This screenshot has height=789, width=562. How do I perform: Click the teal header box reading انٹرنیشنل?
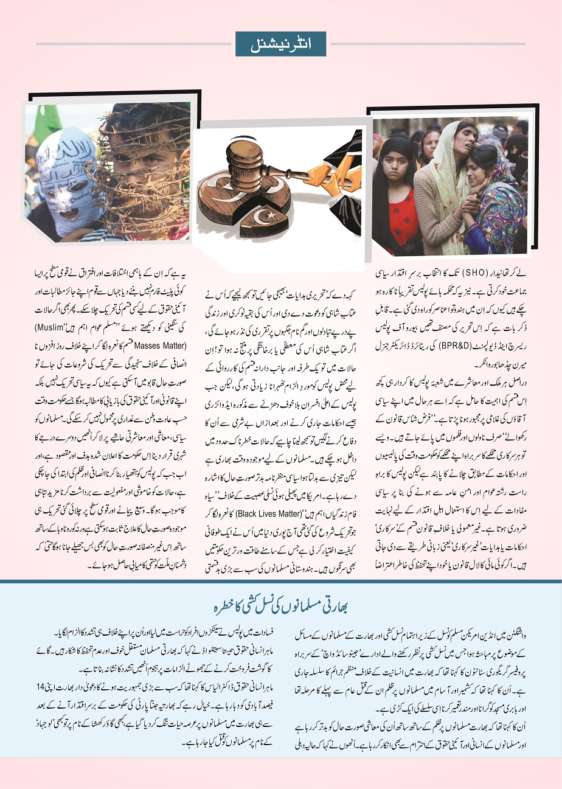pos(280,44)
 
